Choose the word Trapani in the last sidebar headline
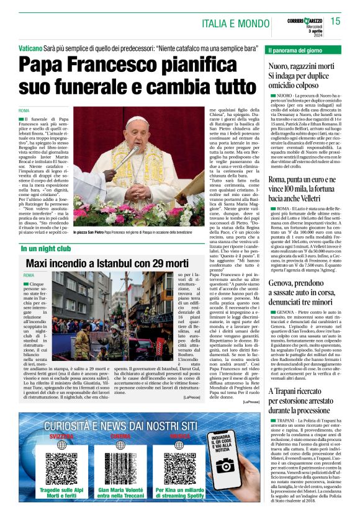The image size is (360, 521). tap(288, 391)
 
